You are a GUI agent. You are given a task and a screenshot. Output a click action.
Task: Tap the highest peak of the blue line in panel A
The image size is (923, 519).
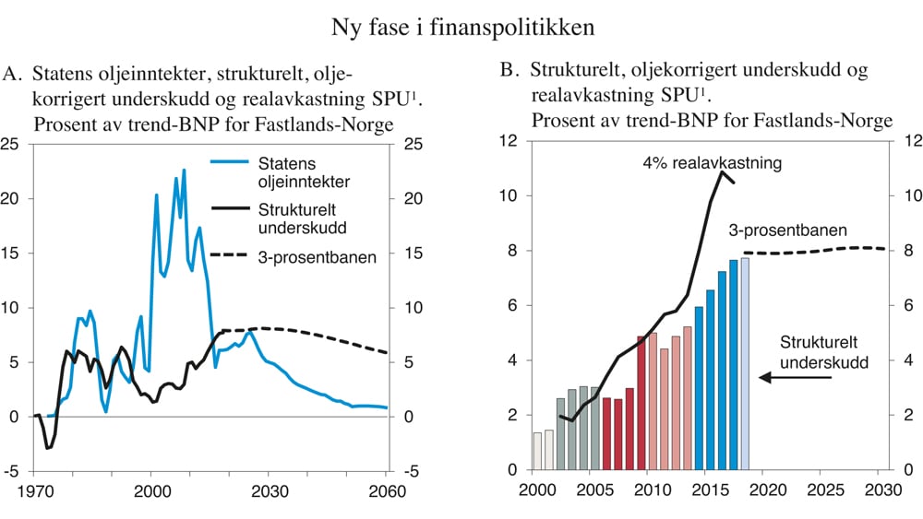[184, 170]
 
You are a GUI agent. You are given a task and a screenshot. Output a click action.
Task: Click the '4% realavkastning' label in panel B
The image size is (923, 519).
[712, 163]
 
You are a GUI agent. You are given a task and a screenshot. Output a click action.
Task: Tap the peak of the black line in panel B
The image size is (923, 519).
[723, 172]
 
